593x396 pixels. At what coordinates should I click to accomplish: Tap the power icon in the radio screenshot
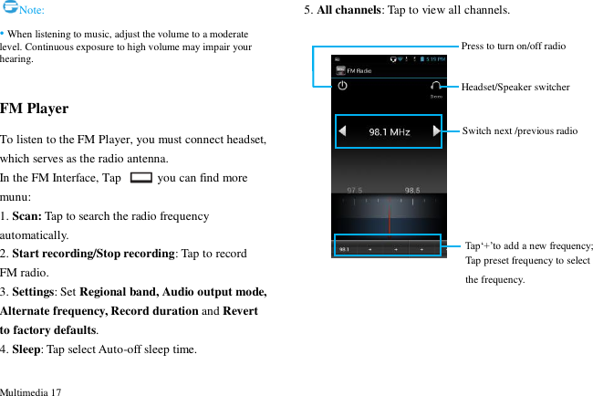pos(342,86)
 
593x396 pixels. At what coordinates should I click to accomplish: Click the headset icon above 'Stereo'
pos(436,85)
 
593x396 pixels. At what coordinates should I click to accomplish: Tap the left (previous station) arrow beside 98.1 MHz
pos(343,132)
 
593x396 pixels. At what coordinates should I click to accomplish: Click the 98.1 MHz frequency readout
pos(389,132)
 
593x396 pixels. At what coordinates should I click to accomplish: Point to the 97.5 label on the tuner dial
pos(353,191)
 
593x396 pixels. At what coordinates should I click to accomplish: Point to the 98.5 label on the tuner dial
pos(412,191)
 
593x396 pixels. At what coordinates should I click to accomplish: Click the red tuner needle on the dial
pos(389,219)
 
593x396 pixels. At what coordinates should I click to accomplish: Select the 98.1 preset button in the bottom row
pos(344,248)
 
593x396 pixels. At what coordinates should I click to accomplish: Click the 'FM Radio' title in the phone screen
pos(359,70)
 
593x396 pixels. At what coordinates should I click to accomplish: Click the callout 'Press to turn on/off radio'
pos(513,46)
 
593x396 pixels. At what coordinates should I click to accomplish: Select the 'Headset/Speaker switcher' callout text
pos(515,87)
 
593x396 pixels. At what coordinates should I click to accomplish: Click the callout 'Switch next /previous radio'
pos(519,131)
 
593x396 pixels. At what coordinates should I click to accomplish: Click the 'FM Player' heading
pos(35,109)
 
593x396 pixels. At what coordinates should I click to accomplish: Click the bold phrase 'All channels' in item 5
pos(349,10)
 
